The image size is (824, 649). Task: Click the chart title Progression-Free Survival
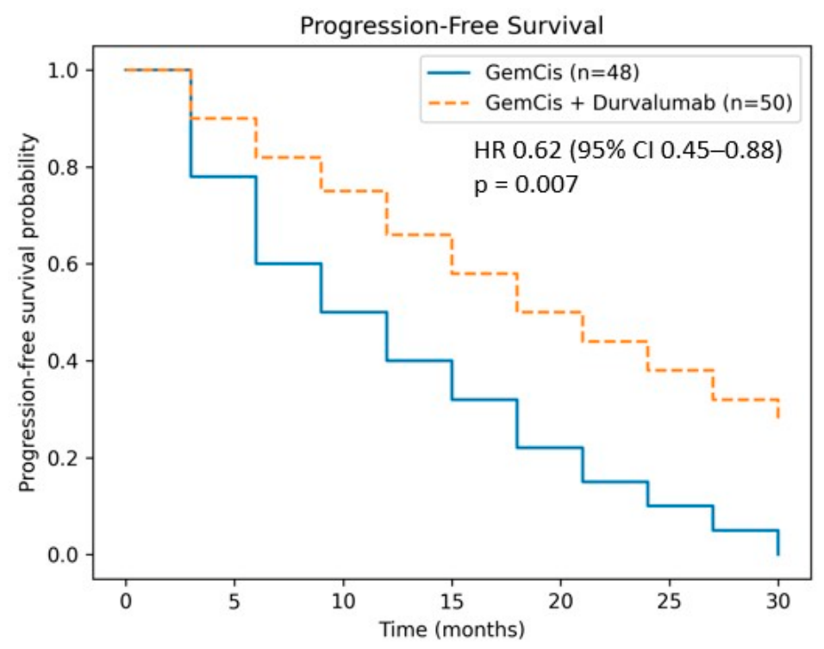pyautogui.click(x=452, y=25)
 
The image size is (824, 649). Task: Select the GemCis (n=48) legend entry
pyautogui.click(x=533, y=72)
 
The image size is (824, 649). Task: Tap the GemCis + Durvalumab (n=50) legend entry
pyautogui.click(x=609, y=103)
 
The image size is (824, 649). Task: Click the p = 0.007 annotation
pyautogui.click(x=526, y=184)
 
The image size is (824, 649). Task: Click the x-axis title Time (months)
pyautogui.click(x=452, y=629)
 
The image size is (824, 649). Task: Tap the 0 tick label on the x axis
pyautogui.click(x=126, y=601)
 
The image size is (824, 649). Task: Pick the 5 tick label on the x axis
pyautogui.click(x=234, y=601)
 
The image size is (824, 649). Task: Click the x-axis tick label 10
pyautogui.click(x=343, y=601)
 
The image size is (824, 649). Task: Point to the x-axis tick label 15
pyautogui.click(x=452, y=601)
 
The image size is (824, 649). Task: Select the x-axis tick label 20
pyautogui.click(x=561, y=601)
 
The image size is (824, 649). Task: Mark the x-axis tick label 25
pyautogui.click(x=670, y=601)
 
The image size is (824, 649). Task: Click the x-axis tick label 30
pyautogui.click(x=778, y=601)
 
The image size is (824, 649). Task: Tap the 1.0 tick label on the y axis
pyautogui.click(x=63, y=71)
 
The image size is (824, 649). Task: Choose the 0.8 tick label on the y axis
pyautogui.click(x=63, y=167)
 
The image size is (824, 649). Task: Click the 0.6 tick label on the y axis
pyautogui.click(x=63, y=264)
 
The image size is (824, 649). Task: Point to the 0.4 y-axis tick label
pyautogui.click(x=63, y=361)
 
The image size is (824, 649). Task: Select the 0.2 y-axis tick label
pyautogui.click(x=63, y=458)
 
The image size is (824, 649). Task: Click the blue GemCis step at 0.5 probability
pyautogui.click(x=354, y=312)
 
